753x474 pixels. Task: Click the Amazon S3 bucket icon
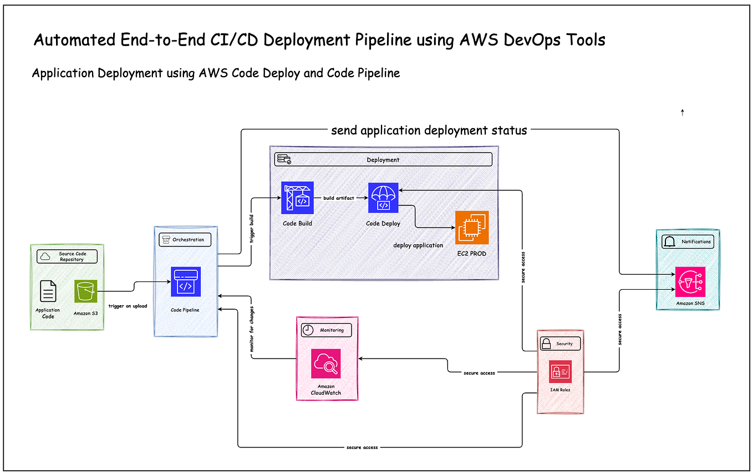86,291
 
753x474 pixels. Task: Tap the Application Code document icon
48,291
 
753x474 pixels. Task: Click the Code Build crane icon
297,198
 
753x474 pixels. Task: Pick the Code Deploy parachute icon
383,198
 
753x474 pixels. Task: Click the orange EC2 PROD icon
472,228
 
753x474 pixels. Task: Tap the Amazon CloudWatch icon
325,364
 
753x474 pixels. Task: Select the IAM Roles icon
560,371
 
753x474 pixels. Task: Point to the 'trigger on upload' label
128,306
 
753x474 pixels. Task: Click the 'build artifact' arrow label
339,198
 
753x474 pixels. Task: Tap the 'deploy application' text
418,245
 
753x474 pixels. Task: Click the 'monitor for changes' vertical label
252,329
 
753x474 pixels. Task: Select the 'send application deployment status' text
429,131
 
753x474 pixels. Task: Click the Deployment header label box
383,160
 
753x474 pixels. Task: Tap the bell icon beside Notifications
669,242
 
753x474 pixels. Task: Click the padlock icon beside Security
546,344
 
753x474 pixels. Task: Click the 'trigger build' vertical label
252,229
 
